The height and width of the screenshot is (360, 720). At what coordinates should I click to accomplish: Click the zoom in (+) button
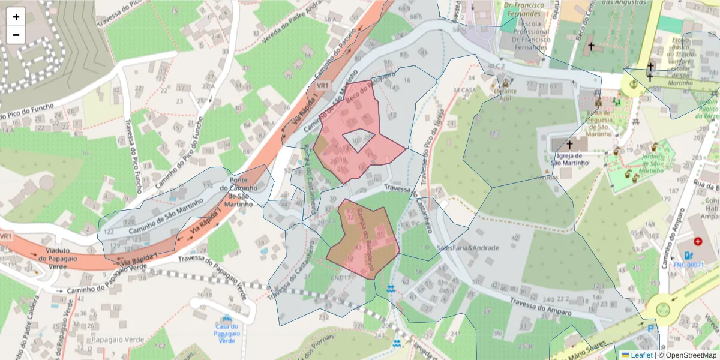point(16,17)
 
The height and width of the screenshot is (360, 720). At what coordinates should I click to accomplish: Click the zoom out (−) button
point(16,35)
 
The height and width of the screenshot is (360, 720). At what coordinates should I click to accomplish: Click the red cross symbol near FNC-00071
point(697,241)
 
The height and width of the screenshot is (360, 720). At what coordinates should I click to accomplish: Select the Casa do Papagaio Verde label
point(226,333)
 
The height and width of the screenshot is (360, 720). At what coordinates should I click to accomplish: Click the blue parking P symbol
point(652,329)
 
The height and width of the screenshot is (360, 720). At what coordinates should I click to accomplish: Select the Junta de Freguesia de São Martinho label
point(596,122)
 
